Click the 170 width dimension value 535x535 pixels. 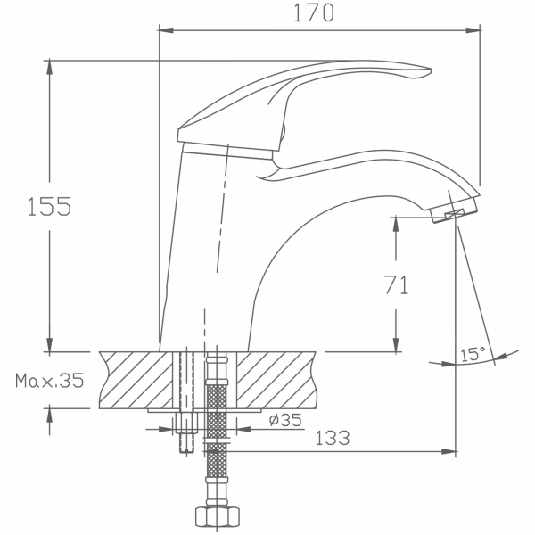click(317, 12)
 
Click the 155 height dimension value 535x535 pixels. click(49, 206)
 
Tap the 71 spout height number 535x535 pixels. click(395, 285)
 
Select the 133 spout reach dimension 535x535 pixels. click(331, 438)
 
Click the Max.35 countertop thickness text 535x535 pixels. click(50, 382)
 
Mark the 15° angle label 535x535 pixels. click(472, 354)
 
